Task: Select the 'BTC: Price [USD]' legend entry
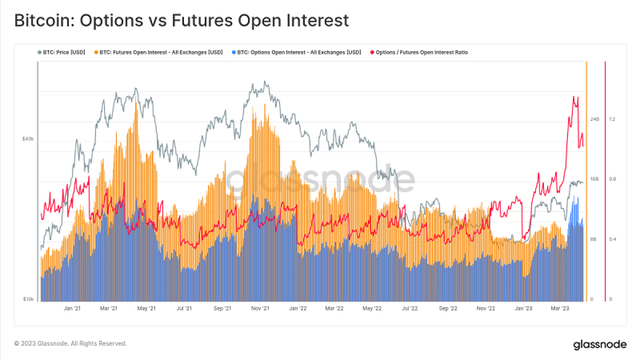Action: pos(62,52)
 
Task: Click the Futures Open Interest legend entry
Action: pos(161,52)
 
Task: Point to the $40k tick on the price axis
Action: pos(28,139)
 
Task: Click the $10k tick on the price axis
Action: pos(28,300)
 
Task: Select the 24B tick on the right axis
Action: pos(595,119)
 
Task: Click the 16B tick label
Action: pos(595,179)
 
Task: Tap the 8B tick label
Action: pos(594,239)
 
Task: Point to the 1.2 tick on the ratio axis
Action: pos(612,119)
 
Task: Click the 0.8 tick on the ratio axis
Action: pos(612,179)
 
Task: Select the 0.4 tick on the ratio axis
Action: pos(612,239)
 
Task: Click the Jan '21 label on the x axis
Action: pos(72,308)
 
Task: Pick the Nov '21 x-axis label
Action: pos(260,308)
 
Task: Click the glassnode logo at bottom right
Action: pos(600,345)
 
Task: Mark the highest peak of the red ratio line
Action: pos(573,97)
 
